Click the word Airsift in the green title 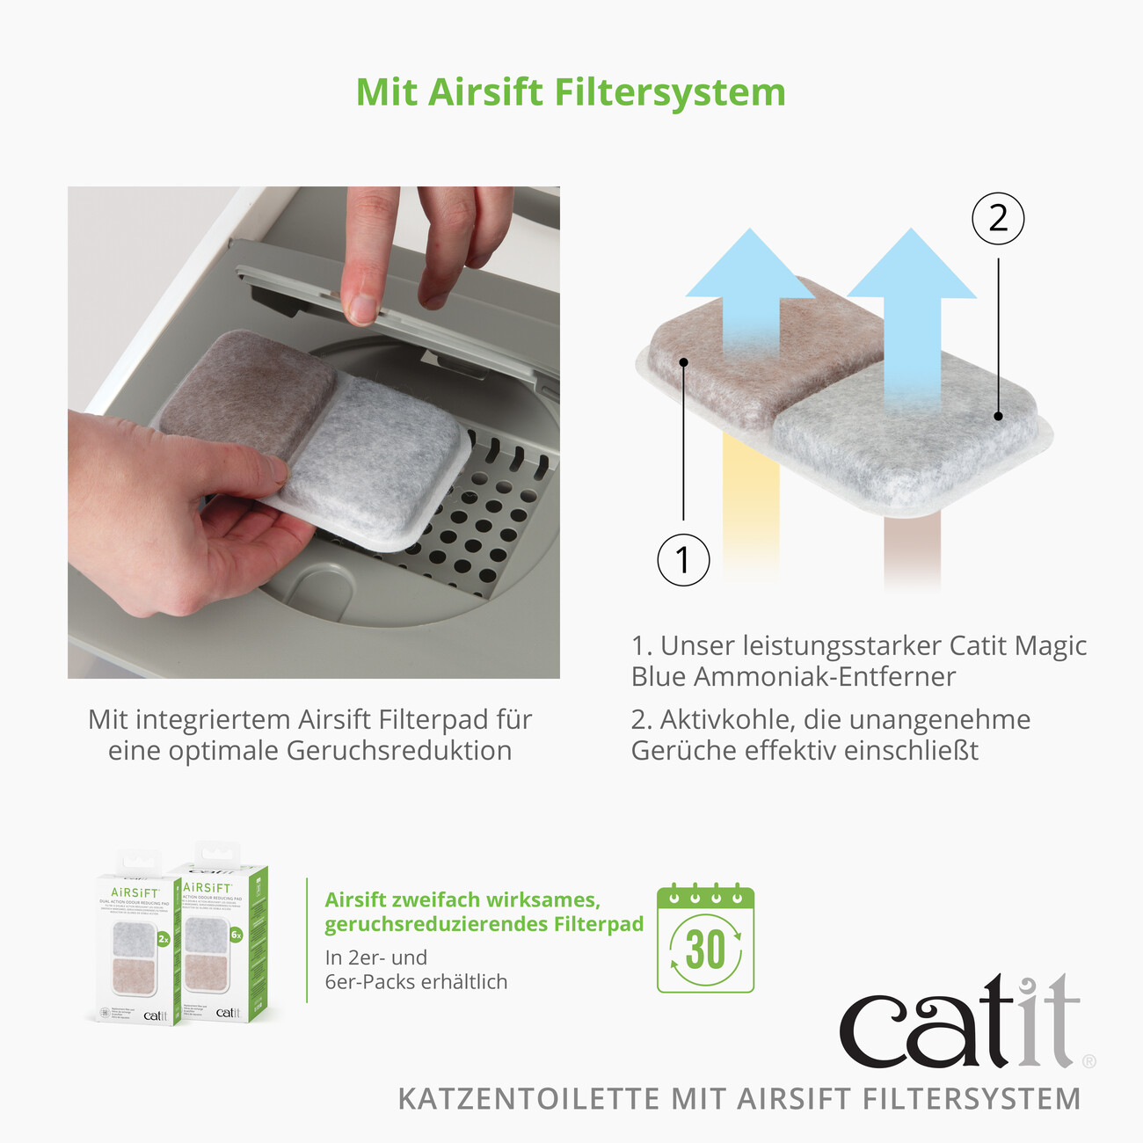(x=485, y=93)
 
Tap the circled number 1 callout (x=683, y=559)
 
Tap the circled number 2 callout (x=998, y=218)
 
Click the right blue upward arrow (x=912, y=299)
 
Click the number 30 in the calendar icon (x=705, y=950)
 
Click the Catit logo (x=958, y=1024)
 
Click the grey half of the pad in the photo (x=378, y=457)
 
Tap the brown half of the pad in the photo (x=251, y=387)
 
